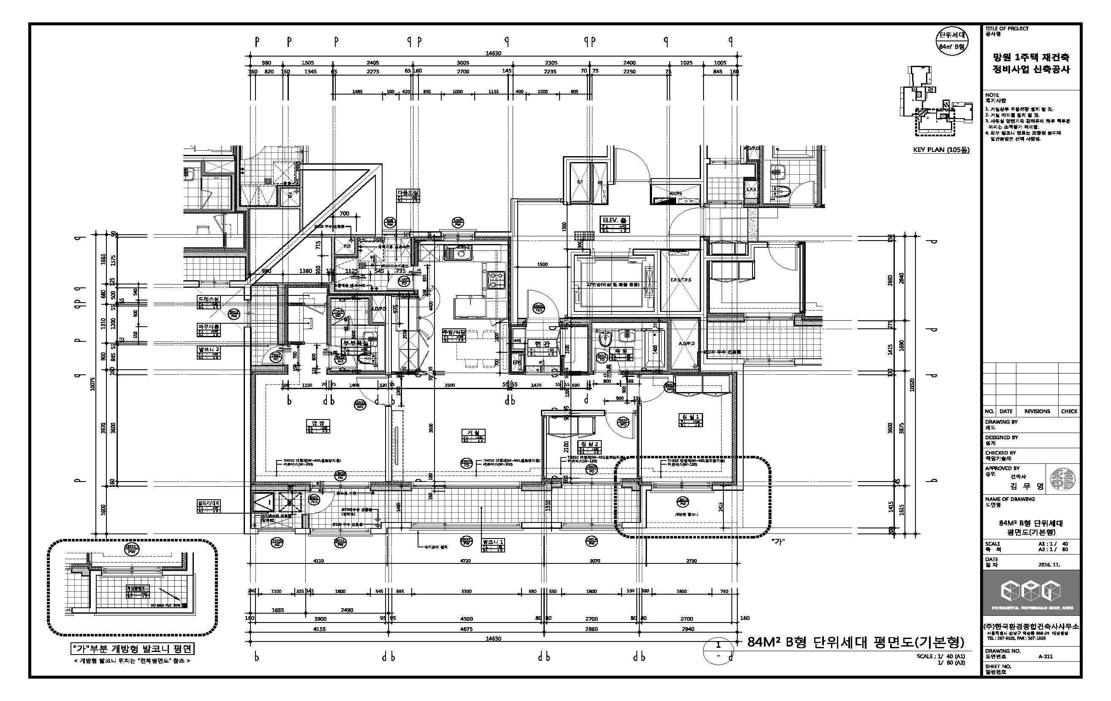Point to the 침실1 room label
click(690, 417)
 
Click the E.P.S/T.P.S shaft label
click(681, 280)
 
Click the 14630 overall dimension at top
click(493, 53)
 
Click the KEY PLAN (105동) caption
click(941, 150)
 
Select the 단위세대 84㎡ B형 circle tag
click(952, 41)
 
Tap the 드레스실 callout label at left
click(209, 299)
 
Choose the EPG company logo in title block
click(1030, 592)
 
